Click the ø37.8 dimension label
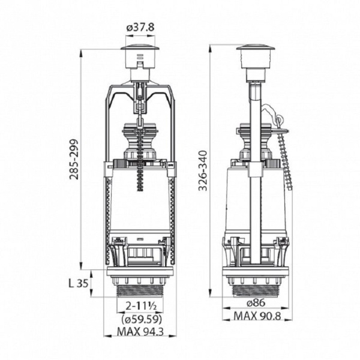139,26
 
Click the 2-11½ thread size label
139,306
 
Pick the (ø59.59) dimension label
139,318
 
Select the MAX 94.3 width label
139,331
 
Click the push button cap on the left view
139,49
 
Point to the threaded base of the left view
139,289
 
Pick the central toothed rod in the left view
139,174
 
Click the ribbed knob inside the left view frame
139,141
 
